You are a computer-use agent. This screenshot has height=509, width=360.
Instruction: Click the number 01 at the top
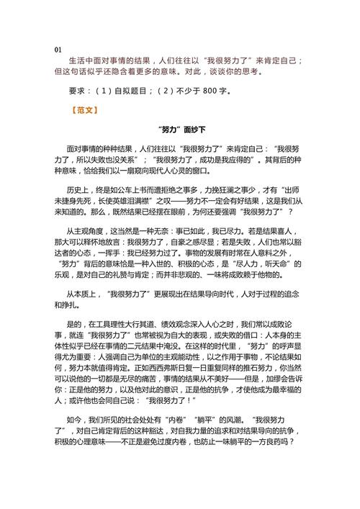[x=58, y=49]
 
